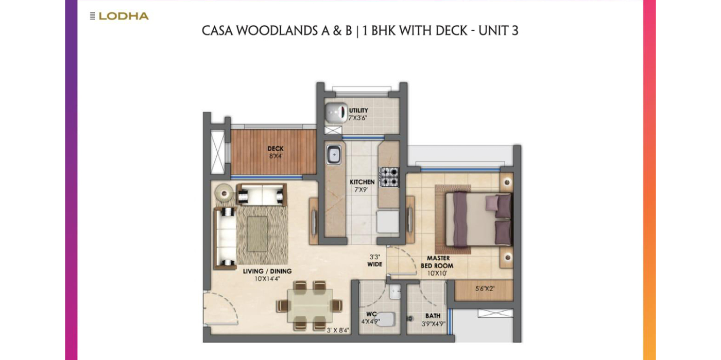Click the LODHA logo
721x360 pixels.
click(119, 16)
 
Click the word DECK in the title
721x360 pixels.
click(451, 31)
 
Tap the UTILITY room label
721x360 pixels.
click(358, 110)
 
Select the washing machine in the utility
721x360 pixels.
click(336, 113)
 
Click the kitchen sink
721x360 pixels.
click(334, 155)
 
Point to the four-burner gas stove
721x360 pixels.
click(389, 177)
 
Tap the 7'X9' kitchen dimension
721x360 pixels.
click(361, 190)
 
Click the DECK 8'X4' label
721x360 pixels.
click(276, 152)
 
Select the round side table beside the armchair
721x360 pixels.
click(225, 193)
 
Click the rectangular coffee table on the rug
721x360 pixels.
click(257, 233)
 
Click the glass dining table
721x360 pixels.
click(310, 305)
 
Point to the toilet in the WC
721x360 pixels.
click(385, 319)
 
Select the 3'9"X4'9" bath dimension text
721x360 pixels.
click(433, 323)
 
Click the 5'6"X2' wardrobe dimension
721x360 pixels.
click(485, 289)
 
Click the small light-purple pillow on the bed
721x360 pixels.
click(491, 203)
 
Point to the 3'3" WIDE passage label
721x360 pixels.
click(375, 261)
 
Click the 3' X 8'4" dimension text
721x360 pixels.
click(338, 330)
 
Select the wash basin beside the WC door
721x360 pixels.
click(395, 292)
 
